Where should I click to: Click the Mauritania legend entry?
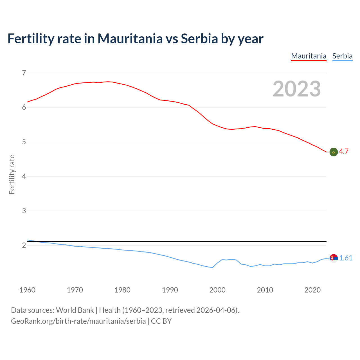(x=309, y=56)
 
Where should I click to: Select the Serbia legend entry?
(x=342, y=56)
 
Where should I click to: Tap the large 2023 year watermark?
(x=296, y=89)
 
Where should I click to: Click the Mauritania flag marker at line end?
(x=334, y=152)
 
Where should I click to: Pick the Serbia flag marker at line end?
(x=334, y=258)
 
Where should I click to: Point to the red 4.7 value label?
(x=344, y=151)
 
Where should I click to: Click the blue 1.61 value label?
(x=346, y=258)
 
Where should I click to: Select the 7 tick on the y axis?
(x=24, y=73)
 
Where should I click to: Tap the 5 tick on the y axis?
(x=24, y=142)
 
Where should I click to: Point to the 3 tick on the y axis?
(x=24, y=211)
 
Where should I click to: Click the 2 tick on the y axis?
(x=24, y=245)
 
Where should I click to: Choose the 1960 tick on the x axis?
(x=27, y=290)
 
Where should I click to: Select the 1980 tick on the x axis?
(x=122, y=290)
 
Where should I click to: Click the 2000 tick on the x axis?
(x=217, y=290)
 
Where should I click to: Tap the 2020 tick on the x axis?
(x=312, y=290)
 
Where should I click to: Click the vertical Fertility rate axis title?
(x=12, y=174)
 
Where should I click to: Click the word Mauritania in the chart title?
(x=130, y=39)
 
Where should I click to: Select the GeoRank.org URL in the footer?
(x=78, y=321)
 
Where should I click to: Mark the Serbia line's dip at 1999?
(x=212, y=267)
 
